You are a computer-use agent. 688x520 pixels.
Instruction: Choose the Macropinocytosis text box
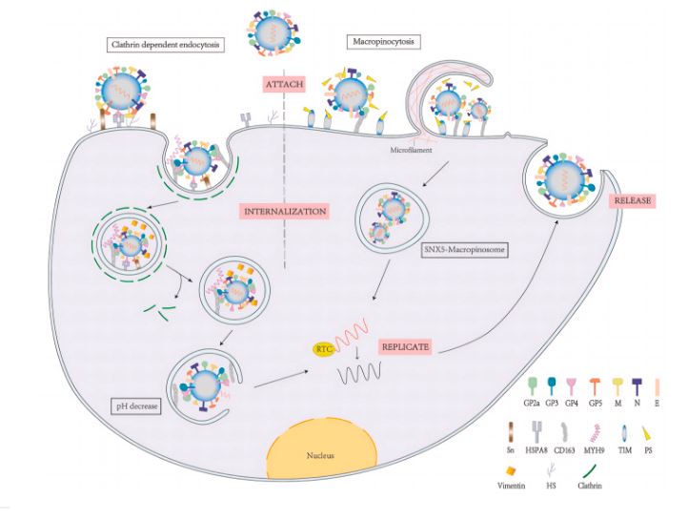[383, 43]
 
